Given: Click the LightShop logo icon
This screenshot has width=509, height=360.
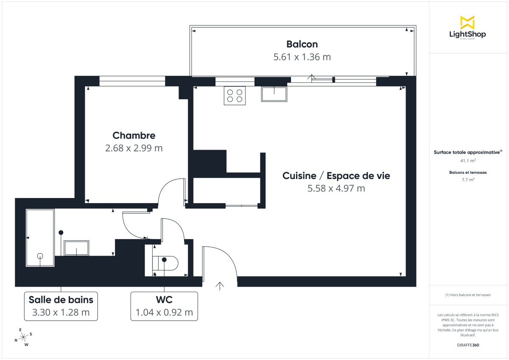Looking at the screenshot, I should [x=467, y=22].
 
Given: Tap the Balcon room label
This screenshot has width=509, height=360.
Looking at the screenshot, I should [x=302, y=44].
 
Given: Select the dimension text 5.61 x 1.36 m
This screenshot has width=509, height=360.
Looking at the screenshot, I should [x=302, y=57].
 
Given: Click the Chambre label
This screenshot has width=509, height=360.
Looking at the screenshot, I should [x=134, y=136].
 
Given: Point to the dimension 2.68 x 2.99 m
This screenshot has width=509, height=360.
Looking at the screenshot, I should [x=134, y=148].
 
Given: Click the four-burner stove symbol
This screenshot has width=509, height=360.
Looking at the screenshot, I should [x=235, y=95].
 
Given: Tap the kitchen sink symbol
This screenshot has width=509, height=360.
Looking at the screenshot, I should [x=274, y=93].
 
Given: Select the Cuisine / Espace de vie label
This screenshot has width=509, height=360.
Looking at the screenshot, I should [x=336, y=176].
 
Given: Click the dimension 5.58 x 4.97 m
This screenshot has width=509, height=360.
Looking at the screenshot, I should [x=336, y=188].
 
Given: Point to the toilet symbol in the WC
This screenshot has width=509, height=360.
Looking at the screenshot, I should [x=166, y=264].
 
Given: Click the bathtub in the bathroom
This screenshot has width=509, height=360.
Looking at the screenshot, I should [x=40, y=237].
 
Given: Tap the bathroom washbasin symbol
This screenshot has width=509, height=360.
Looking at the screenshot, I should [x=76, y=248].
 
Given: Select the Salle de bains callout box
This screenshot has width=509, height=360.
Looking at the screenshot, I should [x=61, y=306].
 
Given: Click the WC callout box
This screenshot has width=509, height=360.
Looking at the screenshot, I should [x=164, y=306].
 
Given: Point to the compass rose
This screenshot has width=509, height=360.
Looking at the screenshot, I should [x=24, y=337].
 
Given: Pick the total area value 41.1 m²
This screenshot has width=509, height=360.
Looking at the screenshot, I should [x=467, y=161].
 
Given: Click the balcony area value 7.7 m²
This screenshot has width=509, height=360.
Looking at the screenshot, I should [x=467, y=179].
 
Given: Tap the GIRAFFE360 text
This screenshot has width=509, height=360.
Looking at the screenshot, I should [x=467, y=345].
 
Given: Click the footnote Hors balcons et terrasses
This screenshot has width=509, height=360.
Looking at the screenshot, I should [x=467, y=295].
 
